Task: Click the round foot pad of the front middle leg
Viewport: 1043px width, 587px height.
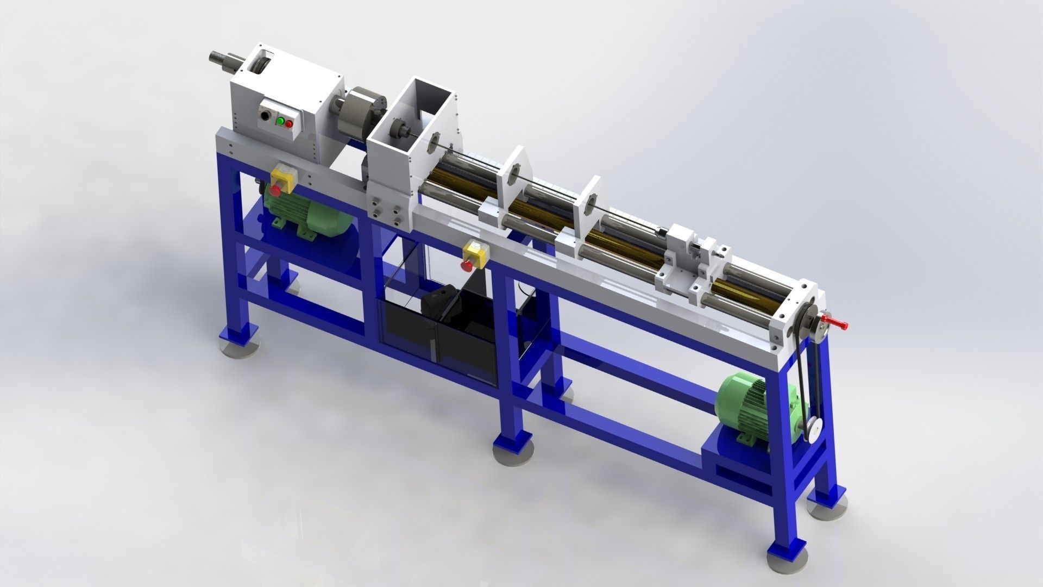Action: tap(513, 453)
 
